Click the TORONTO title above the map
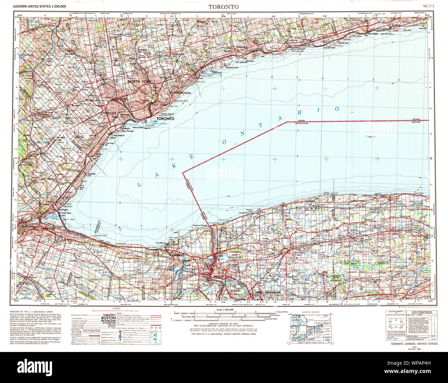pos(223,7)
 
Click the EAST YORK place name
pos(159,105)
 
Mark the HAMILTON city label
pos(45,229)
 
